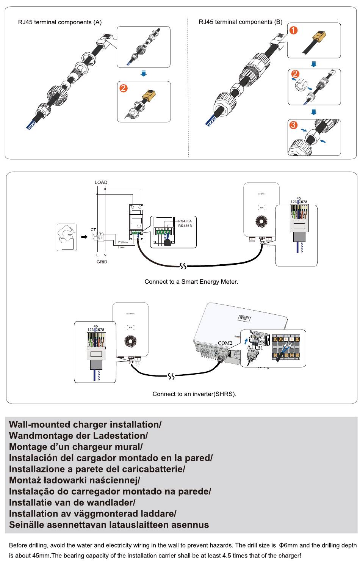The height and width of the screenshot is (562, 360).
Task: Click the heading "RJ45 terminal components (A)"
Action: tap(60, 22)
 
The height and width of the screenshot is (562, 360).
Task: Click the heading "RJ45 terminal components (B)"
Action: tap(241, 22)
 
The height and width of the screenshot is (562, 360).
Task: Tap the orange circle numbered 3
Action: tap(293, 125)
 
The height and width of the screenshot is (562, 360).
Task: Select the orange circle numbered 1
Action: tap(293, 30)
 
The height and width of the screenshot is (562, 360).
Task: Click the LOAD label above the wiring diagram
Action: tap(101, 182)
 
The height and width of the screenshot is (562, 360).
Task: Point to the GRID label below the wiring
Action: tap(102, 262)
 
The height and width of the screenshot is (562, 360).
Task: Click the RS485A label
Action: tap(185, 221)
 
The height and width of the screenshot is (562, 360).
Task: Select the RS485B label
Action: tap(185, 226)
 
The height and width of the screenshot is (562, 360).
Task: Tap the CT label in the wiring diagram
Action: tap(93, 230)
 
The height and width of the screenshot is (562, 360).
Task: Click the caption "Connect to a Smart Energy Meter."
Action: tap(191, 282)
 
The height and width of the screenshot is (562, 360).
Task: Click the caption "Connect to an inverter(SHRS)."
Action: tap(194, 394)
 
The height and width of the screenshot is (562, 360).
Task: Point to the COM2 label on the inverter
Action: tap(225, 343)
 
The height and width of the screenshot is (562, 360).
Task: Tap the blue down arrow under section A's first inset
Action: tap(143, 73)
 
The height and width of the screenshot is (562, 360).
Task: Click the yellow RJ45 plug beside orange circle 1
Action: tap(318, 38)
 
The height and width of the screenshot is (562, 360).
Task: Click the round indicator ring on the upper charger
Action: tap(261, 221)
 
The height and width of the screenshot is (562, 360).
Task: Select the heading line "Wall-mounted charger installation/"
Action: tap(85, 425)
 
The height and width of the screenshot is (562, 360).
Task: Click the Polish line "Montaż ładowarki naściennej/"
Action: tap(75, 480)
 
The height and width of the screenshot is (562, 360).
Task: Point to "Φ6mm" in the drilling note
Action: tap(288, 546)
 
